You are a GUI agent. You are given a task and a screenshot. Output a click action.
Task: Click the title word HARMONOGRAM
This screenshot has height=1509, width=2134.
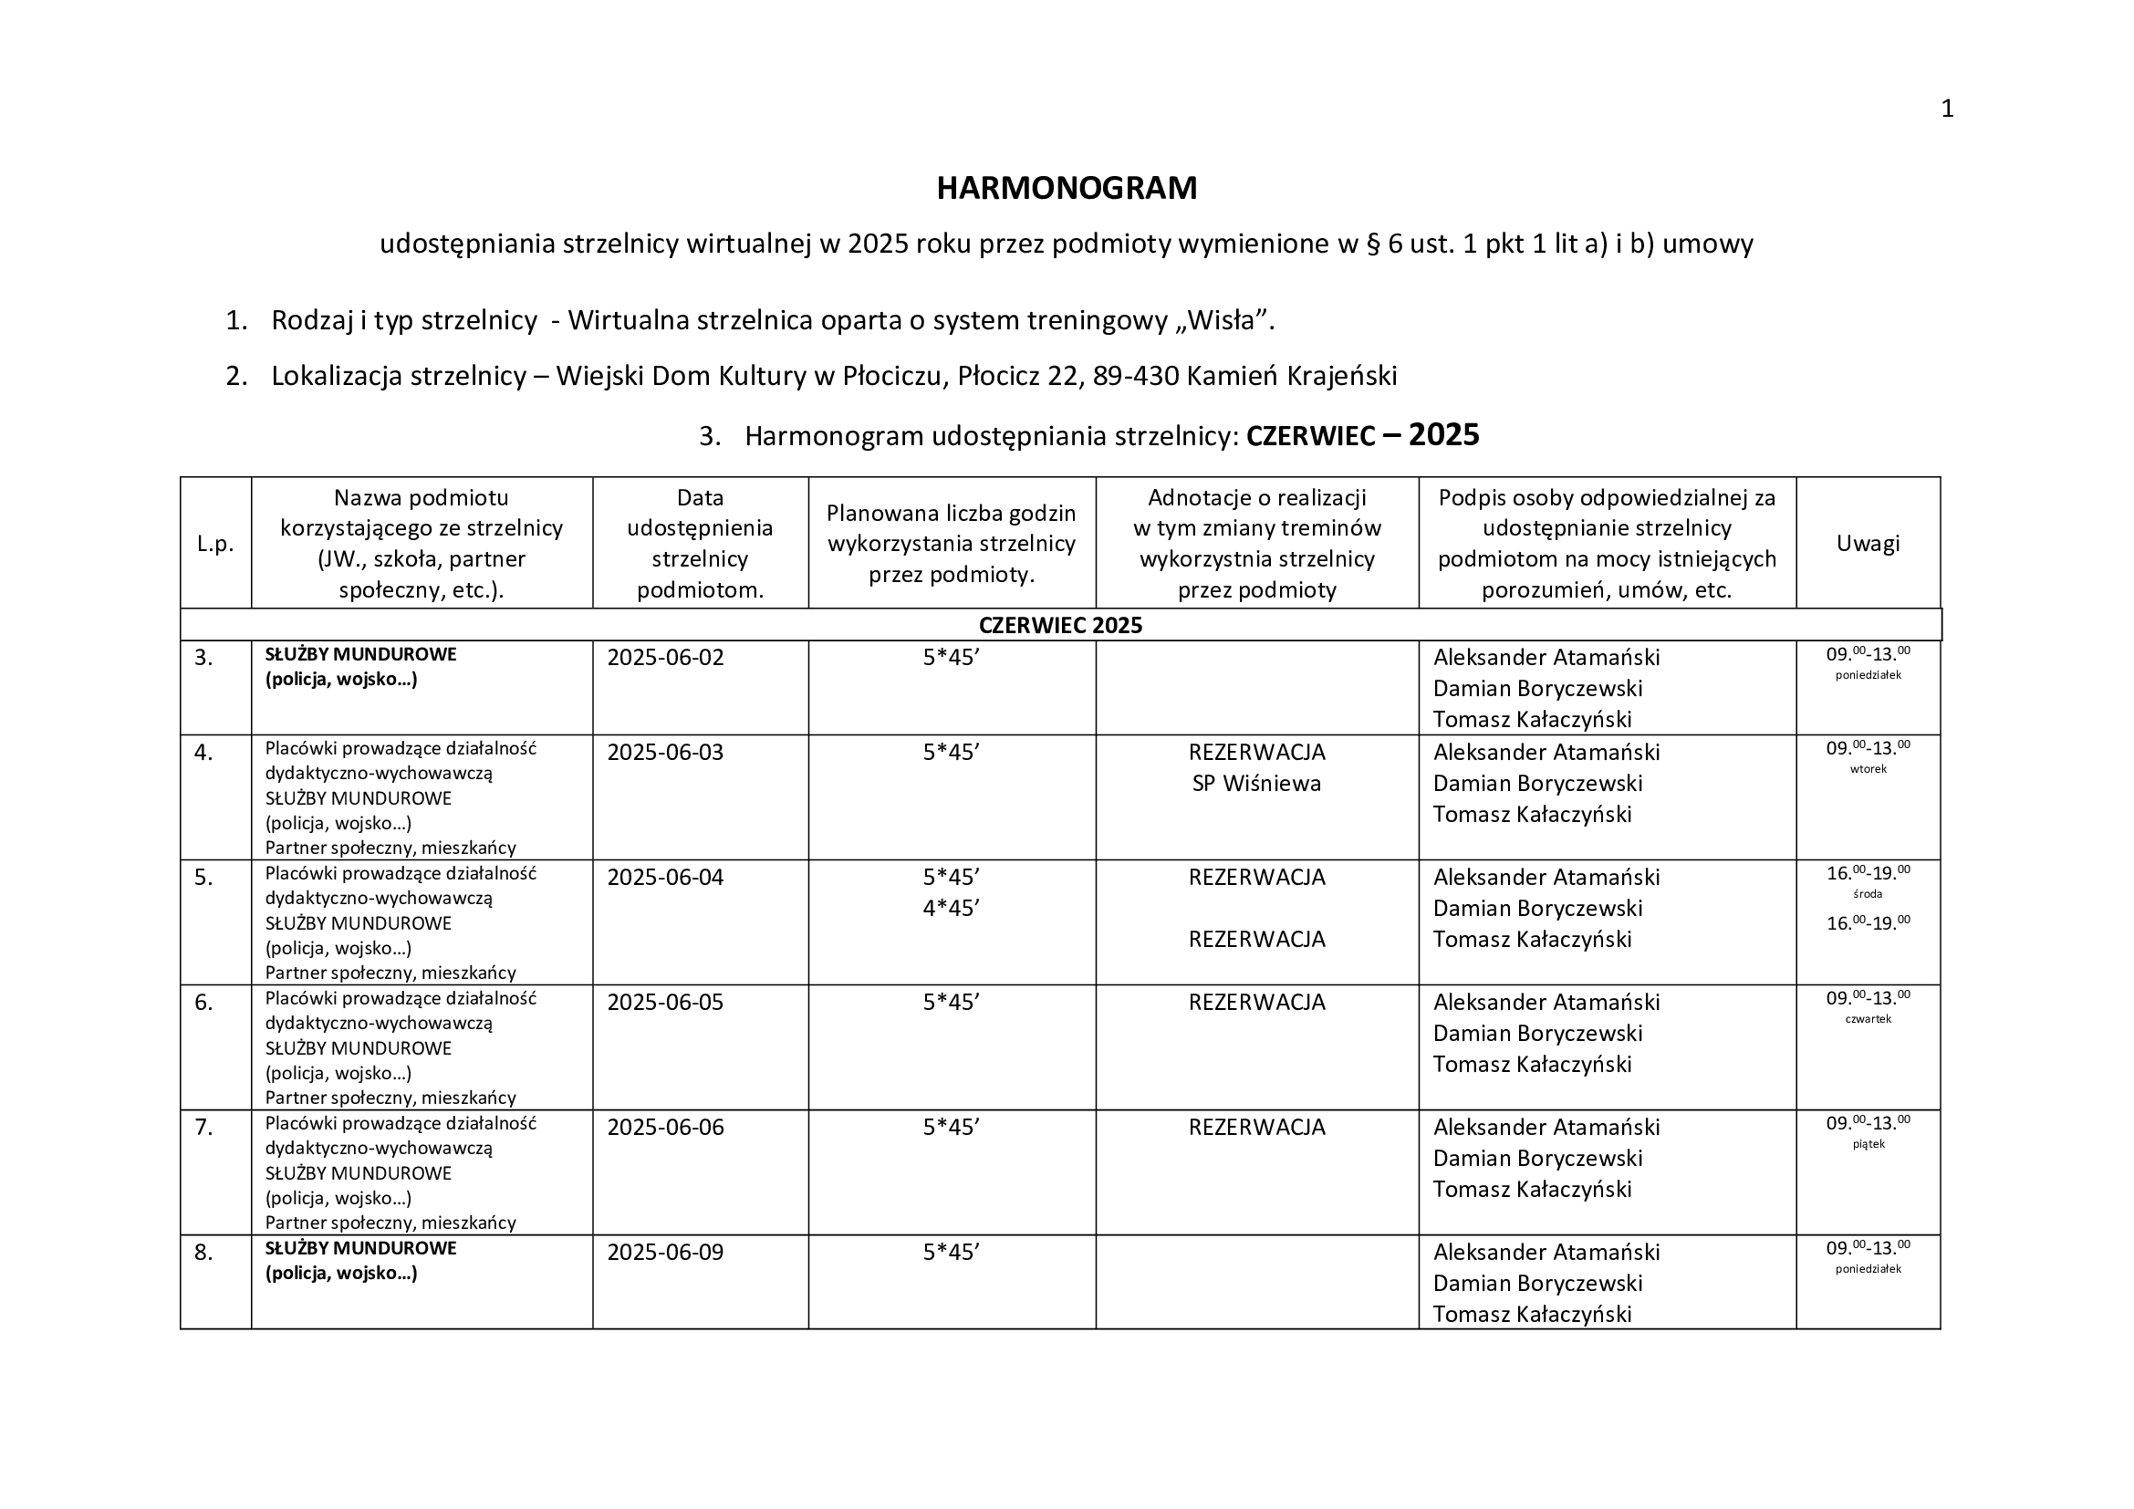click(1066, 189)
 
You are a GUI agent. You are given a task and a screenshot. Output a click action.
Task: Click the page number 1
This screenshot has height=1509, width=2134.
click(1947, 109)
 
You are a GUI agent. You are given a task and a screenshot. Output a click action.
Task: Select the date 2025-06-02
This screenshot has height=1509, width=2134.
click(664, 658)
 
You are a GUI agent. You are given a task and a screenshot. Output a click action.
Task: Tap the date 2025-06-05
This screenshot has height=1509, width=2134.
click(664, 1003)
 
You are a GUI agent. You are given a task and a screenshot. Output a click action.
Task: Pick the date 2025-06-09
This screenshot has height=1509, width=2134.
click(664, 1253)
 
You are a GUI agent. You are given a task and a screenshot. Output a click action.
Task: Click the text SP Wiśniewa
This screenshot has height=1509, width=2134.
click(1256, 784)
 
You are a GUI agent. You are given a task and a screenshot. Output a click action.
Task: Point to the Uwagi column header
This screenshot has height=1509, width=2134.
click(1868, 544)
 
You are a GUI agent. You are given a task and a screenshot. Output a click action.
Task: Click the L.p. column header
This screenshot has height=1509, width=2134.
click(214, 545)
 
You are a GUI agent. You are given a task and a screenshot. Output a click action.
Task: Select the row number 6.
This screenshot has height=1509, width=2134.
click(203, 1003)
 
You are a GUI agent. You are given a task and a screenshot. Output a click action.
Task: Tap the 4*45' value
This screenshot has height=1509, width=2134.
click(951, 908)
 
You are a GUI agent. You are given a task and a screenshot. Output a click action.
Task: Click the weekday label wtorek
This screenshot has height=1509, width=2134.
click(1868, 769)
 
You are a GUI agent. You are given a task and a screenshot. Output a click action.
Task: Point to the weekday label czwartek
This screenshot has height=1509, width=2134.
click(1868, 1019)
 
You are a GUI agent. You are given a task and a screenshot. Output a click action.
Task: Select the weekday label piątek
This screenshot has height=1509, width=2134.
click(1868, 1145)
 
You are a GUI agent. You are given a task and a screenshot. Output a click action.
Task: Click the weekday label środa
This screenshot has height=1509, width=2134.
click(1868, 895)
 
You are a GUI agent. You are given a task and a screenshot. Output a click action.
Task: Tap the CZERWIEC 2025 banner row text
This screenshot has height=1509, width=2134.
click(1060, 625)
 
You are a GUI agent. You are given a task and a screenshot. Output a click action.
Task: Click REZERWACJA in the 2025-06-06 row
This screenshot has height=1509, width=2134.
click(1256, 1128)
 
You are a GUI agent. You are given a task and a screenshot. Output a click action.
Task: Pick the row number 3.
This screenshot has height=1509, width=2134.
click(203, 658)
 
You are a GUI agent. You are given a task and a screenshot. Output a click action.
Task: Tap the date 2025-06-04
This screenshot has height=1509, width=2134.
click(664, 878)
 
